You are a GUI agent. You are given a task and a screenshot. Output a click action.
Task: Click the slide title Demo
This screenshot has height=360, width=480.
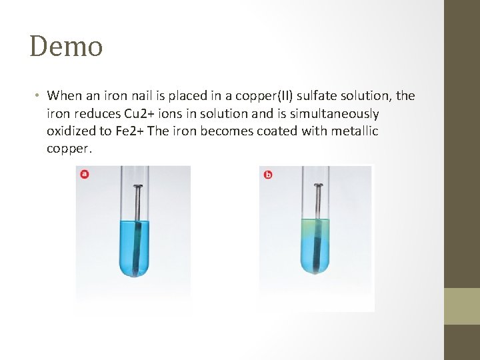point(66,47)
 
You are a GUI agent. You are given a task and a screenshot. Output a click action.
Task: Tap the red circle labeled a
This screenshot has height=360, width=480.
point(84,175)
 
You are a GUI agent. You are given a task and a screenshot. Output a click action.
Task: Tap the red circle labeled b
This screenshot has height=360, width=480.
point(268,175)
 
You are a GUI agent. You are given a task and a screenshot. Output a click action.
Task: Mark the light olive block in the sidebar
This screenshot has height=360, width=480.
point(462,306)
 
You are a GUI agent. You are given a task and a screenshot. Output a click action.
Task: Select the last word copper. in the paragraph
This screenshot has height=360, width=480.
point(69,149)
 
